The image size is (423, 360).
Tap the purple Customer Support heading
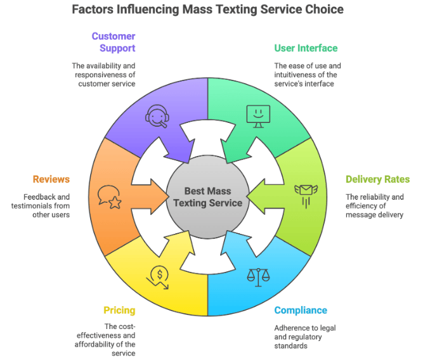coord(114,42)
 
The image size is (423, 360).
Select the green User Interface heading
coord(306,48)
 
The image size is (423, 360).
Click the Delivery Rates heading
coord(377,179)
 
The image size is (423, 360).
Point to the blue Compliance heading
coord(301,311)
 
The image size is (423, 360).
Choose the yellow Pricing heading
coord(119,311)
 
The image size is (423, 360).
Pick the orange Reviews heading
coord(51,179)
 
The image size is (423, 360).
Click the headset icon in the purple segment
coord(157,117)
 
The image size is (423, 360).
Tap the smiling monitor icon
coord(257,115)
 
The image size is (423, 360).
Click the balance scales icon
coord(257,276)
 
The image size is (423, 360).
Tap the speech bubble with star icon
coord(109,197)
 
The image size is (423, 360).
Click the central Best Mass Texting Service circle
coord(208,197)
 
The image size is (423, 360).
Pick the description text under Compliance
coord(305,337)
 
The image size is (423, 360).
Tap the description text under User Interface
coord(308,75)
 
